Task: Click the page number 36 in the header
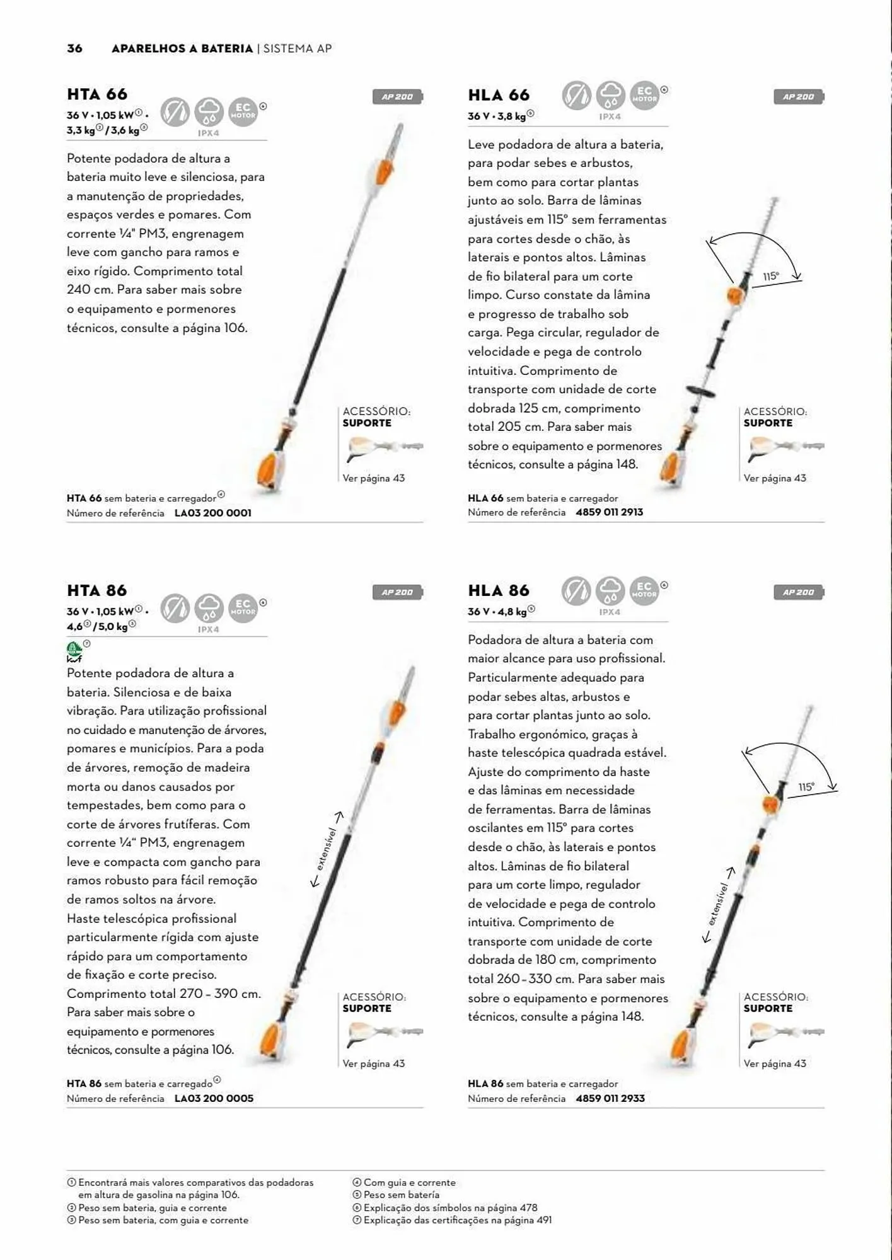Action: pyautogui.click(x=74, y=49)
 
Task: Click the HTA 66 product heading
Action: pyautogui.click(x=97, y=94)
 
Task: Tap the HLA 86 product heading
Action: pyautogui.click(x=498, y=591)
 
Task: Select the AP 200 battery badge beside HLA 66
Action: pyautogui.click(x=798, y=97)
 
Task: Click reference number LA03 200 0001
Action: pyautogui.click(x=212, y=513)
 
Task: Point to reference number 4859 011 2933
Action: pyautogui.click(x=610, y=1098)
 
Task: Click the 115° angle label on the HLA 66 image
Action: pyautogui.click(x=770, y=277)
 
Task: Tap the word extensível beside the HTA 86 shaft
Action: pyautogui.click(x=327, y=849)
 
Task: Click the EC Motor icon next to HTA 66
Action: pyautogui.click(x=243, y=112)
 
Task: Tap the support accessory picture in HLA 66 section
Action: pyautogui.click(x=784, y=448)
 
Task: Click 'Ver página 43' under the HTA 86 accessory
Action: pyautogui.click(x=373, y=1063)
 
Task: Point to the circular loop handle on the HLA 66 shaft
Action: pyautogui.click(x=702, y=392)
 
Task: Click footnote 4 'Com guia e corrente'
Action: pyautogui.click(x=408, y=1183)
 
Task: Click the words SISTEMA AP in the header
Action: pyautogui.click(x=298, y=49)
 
